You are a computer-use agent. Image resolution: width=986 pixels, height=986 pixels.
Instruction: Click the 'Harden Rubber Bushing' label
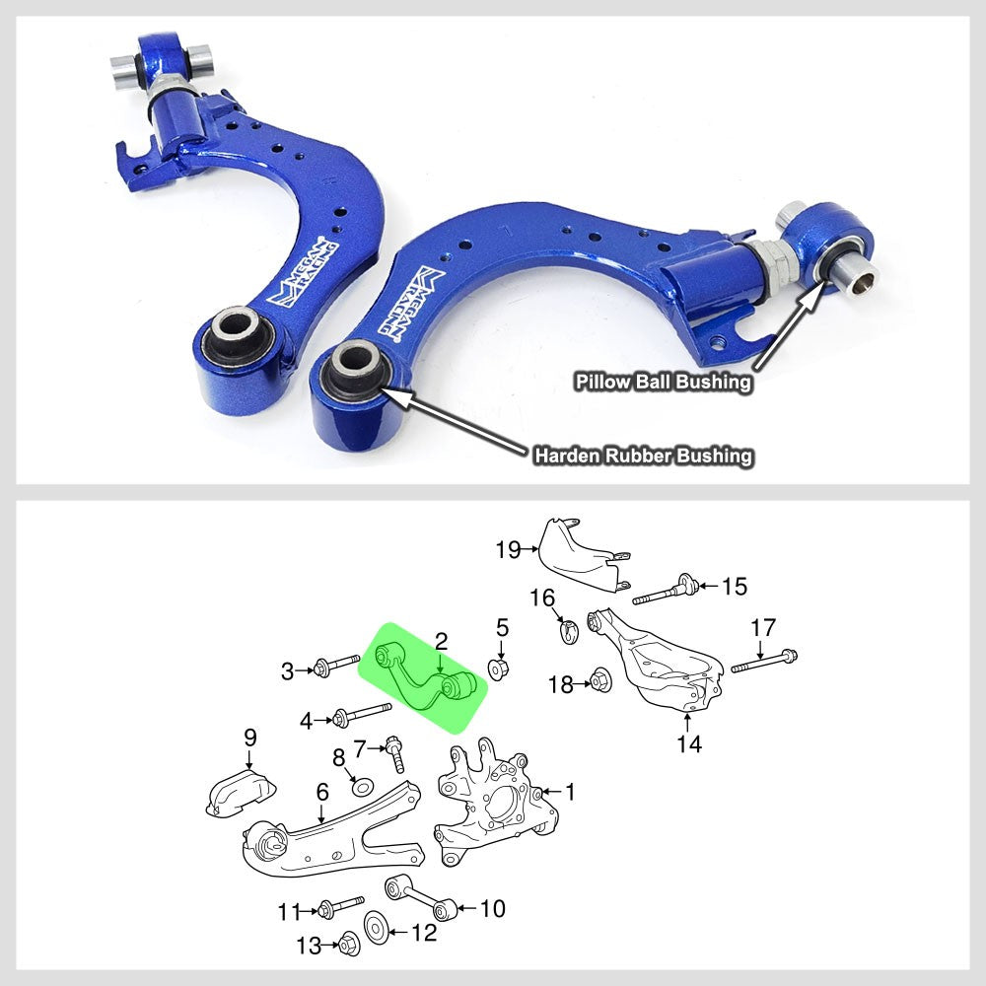coord(643,456)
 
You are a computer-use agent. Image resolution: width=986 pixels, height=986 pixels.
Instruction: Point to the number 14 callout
coord(689,743)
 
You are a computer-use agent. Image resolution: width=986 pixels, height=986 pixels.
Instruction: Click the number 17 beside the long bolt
coord(763,627)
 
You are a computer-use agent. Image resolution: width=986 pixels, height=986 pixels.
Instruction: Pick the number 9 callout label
coord(249,737)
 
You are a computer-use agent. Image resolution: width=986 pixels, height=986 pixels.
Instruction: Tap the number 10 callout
coord(491,907)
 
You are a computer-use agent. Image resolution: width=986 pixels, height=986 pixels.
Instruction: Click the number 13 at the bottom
coord(310,946)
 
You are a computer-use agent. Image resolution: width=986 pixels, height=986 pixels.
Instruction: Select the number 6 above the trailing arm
coord(321,791)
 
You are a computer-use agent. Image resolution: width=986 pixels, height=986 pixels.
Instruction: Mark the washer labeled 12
coord(377,928)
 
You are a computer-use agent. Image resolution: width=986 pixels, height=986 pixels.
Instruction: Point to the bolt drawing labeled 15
coord(666,593)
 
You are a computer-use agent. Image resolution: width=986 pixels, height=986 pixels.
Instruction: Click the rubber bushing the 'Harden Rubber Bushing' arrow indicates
coord(355,370)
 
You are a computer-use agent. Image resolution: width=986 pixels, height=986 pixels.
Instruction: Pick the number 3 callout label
coord(288,672)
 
